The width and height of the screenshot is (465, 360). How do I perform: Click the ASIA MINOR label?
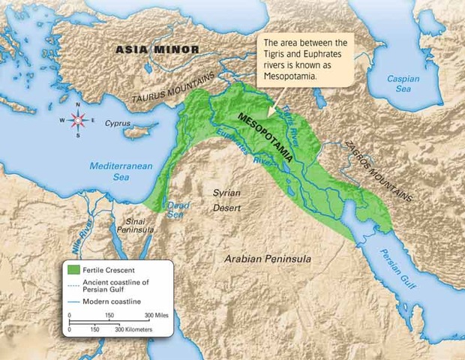[157, 50]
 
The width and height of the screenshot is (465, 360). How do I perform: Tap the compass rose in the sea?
[77, 121]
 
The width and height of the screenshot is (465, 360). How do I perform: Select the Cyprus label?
[118, 123]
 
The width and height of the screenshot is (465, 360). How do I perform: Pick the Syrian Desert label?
[226, 199]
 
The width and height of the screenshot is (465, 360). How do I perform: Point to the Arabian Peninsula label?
[266, 259]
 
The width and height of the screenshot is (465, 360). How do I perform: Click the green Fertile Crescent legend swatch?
[73, 269]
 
